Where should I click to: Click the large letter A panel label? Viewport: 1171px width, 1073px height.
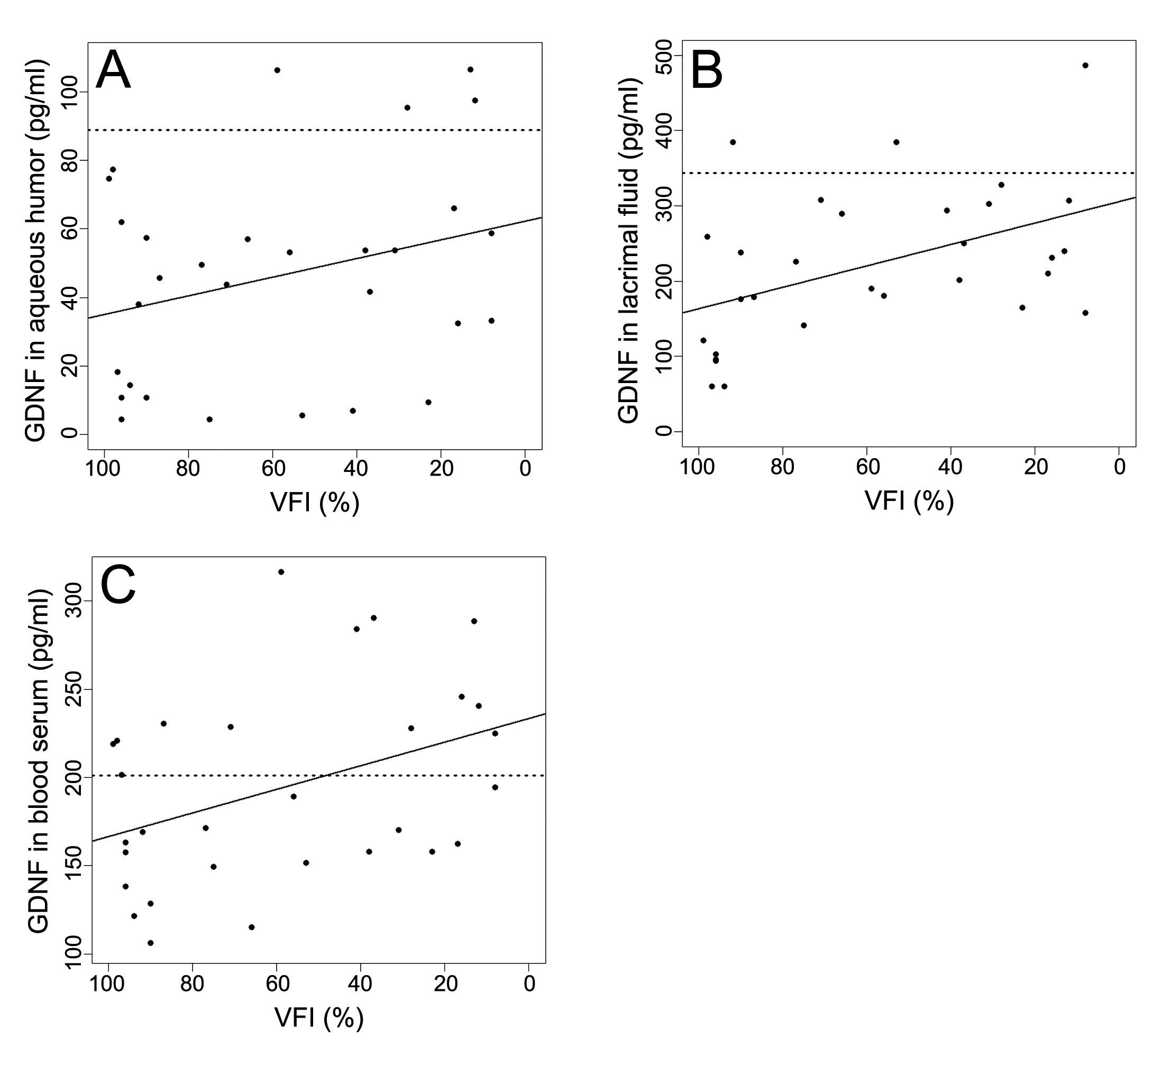coord(113,70)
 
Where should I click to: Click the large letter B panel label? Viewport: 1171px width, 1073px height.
coord(707,70)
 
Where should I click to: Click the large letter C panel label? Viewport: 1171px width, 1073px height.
coord(118,585)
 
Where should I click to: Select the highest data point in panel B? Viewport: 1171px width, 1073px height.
coord(1085,65)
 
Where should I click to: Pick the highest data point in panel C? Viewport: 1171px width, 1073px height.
coord(281,571)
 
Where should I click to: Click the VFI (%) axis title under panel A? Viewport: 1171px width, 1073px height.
coord(315,503)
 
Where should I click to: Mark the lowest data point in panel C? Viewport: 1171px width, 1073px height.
coord(150,943)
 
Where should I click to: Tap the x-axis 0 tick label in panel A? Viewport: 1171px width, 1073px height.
coord(525,469)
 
